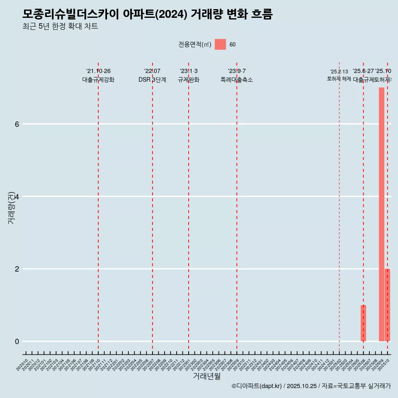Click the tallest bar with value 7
(x=381, y=214)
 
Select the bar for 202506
(x=363, y=323)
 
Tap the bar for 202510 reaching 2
(x=388, y=305)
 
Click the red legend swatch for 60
(x=220, y=44)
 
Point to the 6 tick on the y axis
(x=17, y=124)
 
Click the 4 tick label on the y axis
(x=17, y=197)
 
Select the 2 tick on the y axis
(x=17, y=269)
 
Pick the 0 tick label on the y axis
(x=17, y=342)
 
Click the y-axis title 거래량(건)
(x=11, y=208)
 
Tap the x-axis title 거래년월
(x=206, y=376)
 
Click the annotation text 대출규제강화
(x=98, y=80)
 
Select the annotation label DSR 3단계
(x=152, y=80)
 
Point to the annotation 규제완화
(x=189, y=80)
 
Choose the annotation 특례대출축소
(x=236, y=80)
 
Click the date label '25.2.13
(x=339, y=72)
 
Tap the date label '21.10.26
(x=98, y=71)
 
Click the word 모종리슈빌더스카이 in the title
(x=71, y=15)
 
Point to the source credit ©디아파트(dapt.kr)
(x=257, y=386)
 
